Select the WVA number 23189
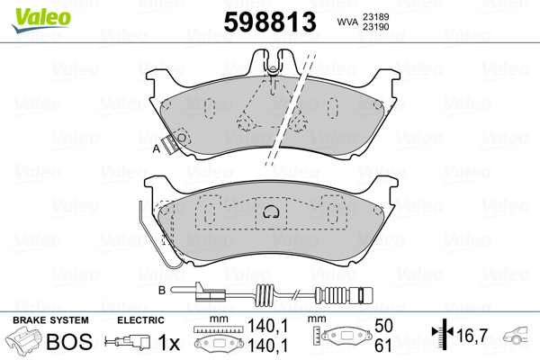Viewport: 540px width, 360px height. tap(375, 15)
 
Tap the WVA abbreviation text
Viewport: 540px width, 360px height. tap(346, 21)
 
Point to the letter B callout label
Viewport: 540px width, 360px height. tap(162, 290)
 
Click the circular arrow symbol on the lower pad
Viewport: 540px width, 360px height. tap(269, 212)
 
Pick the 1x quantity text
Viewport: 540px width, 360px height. tap(169, 342)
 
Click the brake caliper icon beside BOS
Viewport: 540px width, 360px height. tap(24, 342)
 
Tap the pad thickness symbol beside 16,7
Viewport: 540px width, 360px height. tap(440, 337)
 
